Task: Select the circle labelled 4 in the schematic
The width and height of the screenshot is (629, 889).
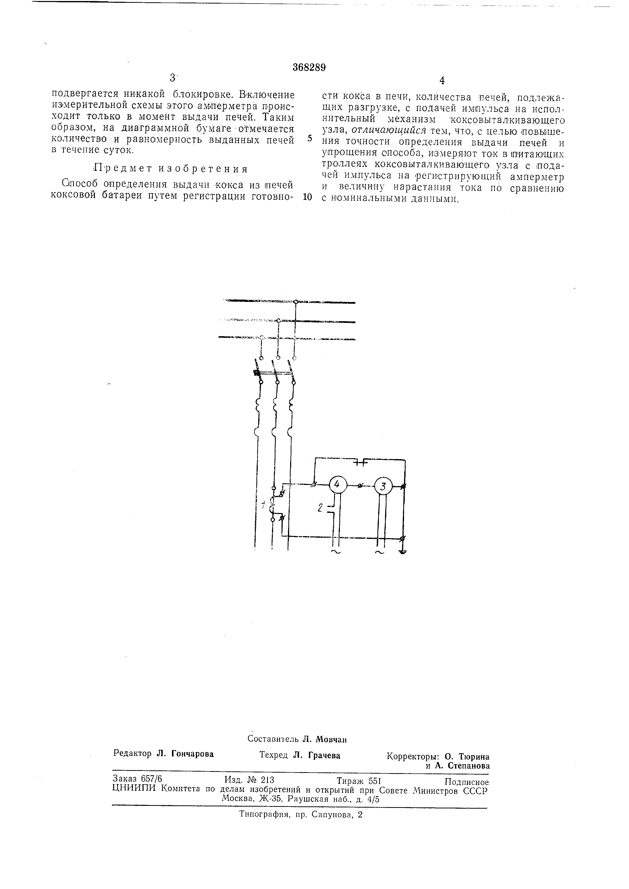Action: [x=337, y=485]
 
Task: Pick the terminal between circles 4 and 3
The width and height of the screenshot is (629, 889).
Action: [x=360, y=485]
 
